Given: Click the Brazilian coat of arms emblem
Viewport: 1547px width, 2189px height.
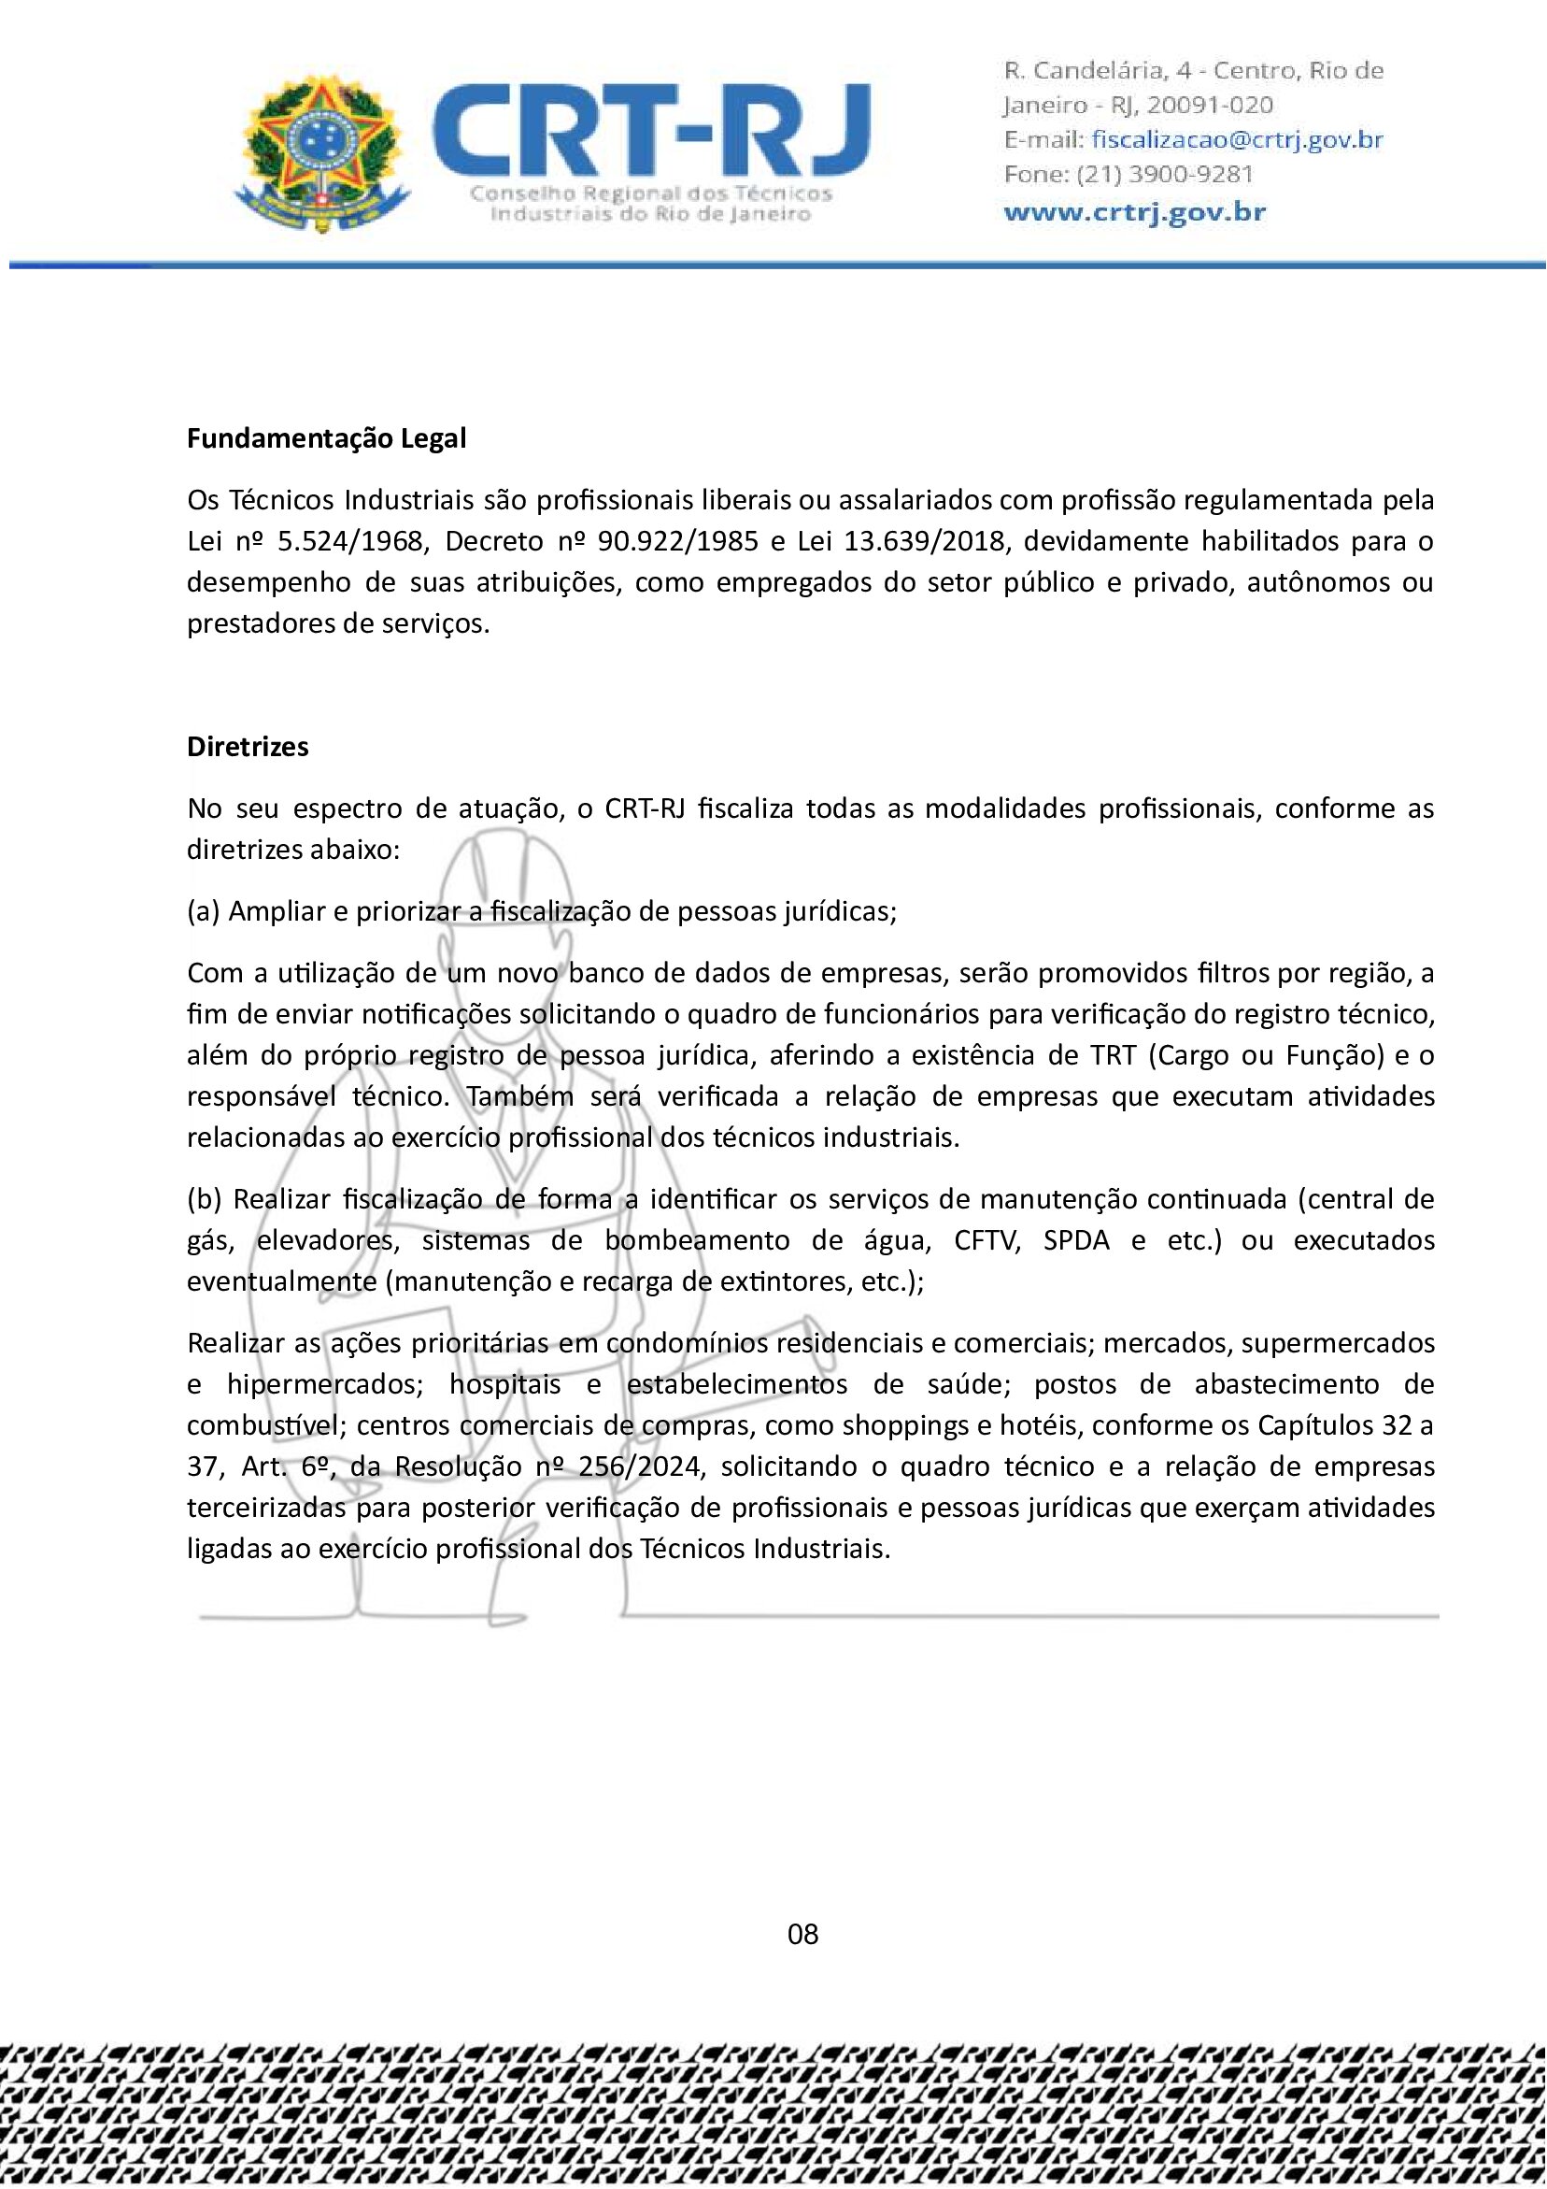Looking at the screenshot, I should (x=321, y=152).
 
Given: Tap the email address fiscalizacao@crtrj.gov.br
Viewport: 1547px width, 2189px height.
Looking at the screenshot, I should (x=1236, y=140).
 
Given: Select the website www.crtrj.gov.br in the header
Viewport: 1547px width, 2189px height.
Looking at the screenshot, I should (x=1134, y=211).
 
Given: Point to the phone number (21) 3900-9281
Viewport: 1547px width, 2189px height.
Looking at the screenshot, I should (x=1164, y=175).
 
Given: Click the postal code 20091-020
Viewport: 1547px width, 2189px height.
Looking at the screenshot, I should (x=1210, y=105).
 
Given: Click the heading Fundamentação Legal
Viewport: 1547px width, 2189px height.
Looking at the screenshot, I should (x=326, y=438).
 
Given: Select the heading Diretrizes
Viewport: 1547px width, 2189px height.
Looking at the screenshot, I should (x=248, y=747).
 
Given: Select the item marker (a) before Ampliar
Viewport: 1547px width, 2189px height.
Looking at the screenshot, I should (x=203, y=911).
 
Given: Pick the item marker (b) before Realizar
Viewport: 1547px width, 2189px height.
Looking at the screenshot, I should (x=204, y=1199).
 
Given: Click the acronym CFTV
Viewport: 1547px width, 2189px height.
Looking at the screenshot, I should (x=987, y=1240).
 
